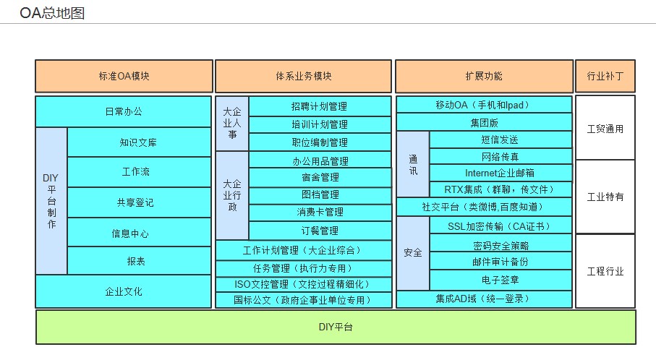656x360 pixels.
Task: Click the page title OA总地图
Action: pyautogui.click(x=52, y=13)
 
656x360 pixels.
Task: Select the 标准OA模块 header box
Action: pyautogui.click(x=124, y=76)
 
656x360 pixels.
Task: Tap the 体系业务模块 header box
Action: pyautogui.click(x=303, y=76)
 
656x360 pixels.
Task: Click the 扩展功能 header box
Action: pyautogui.click(x=484, y=76)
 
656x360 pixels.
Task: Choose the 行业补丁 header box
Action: pyautogui.click(x=605, y=76)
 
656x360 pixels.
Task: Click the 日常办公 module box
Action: pyautogui.click(x=124, y=111)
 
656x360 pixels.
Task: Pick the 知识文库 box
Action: pyautogui.click(x=139, y=142)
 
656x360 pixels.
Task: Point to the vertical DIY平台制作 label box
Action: pyautogui.click(x=51, y=201)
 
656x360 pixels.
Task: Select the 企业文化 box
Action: pyautogui.click(x=124, y=291)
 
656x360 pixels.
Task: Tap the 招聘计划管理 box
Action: pyautogui.click(x=320, y=106)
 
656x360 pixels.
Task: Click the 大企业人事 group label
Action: pyautogui.click(x=232, y=124)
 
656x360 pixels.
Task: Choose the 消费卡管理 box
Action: pyautogui.click(x=320, y=213)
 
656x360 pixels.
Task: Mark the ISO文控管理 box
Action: pyautogui.click(x=304, y=284)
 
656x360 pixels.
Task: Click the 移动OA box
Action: pyautogui.click(x=484, y=105)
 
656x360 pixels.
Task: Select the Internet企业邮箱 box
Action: pyautogui.click(x=500, y=173)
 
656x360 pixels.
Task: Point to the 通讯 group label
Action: pyautogui.click(x=413, y=164)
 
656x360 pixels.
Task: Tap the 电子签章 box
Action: pyautogui.click(x=500, y=280)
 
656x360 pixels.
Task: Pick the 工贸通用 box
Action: pyautogui.click(x=605, y=128)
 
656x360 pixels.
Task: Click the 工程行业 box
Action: pyautogui.click(x=605, y=271)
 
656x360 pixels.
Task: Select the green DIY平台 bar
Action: pyautogui.click(x=336, y=327)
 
